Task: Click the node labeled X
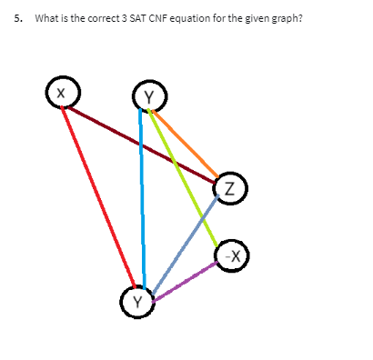[61, 93]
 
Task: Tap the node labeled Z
[229, 189]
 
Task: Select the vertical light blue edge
[142, 195]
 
